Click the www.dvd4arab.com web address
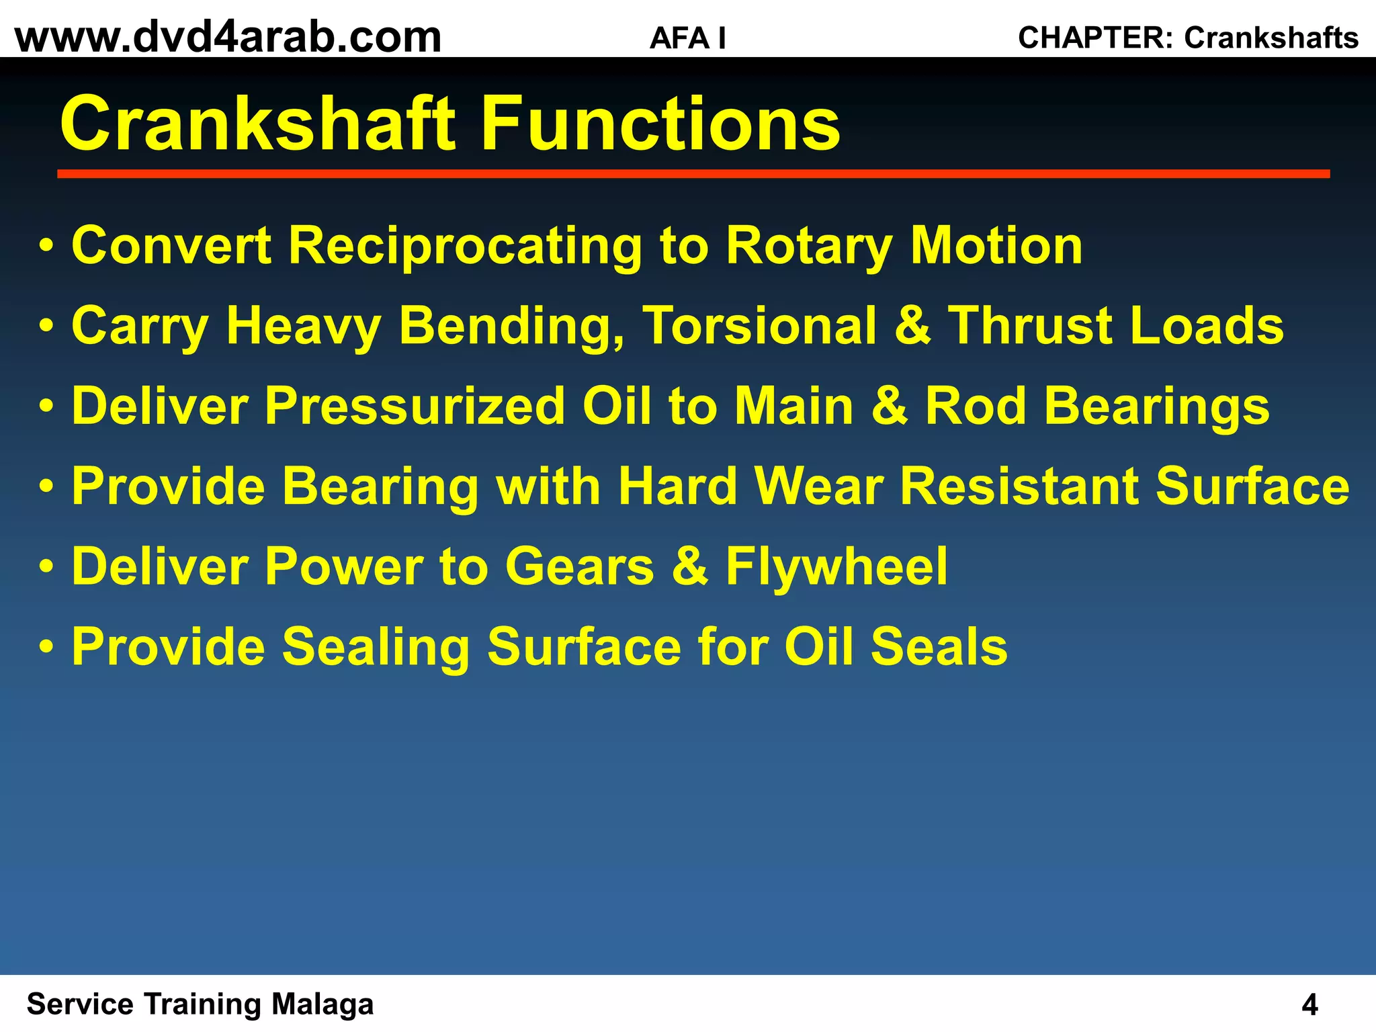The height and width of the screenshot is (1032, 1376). [228, 37]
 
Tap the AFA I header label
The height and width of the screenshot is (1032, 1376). [687, 38]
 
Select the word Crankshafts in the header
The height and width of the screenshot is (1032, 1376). [1271, 38]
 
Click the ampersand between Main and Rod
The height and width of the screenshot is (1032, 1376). [890, 406]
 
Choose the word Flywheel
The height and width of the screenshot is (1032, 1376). [836, 566]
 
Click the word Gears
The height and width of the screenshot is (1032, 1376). [579, 566]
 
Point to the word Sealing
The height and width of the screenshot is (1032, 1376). [375, 647]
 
